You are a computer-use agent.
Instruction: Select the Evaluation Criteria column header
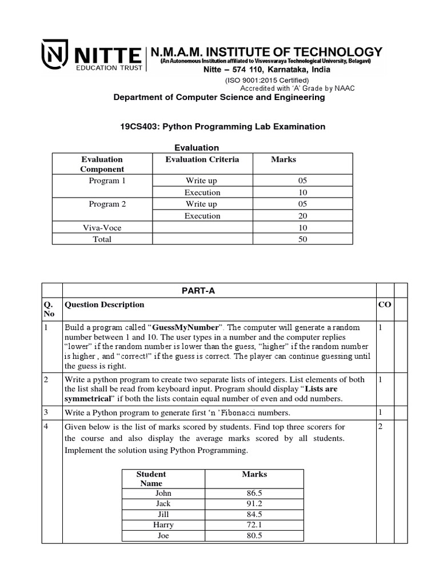(x=202, y=159)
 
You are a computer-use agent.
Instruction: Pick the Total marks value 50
(x=302, y=239)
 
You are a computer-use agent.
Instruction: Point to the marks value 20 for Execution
(x=302, y=216)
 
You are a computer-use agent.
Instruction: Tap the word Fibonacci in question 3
(x=262, y=412)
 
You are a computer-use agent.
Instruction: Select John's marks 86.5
(x=254, y=493)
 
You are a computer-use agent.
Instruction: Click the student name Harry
(x=163, y=525)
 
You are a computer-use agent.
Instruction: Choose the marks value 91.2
(x=254, y=504)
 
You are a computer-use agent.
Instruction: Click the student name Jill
(x=163, y=514)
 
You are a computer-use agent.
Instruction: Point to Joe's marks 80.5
(x=254, y=536)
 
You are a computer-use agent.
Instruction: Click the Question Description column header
(x=105, y=304)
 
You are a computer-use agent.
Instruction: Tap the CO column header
(x=384, y=304)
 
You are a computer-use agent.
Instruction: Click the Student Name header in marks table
(x=151, y=479)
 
